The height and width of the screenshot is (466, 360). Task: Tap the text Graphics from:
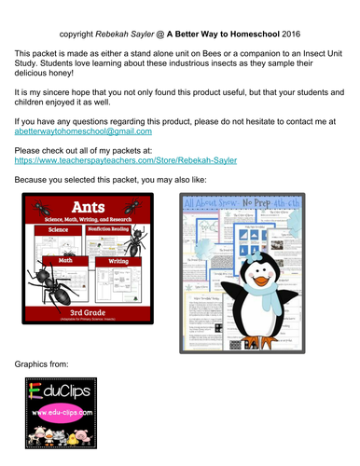48,362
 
